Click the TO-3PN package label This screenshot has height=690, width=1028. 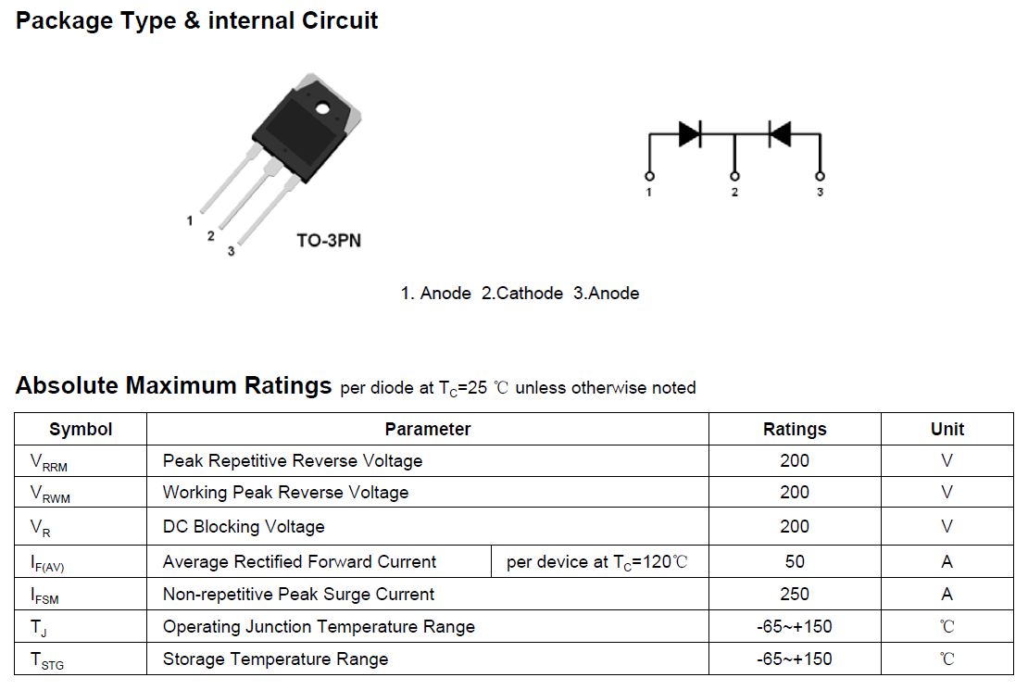[329, 241]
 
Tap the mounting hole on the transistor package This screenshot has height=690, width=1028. [322, 109]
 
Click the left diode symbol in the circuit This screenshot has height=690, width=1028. [690, 133]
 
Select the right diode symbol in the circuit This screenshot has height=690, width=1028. [779, 133]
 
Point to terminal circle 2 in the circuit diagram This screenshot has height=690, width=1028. [734, 176]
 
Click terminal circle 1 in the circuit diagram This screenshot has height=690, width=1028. [649, 176]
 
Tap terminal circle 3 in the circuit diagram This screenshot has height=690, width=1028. [820, 176]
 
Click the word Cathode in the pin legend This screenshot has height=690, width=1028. [530, 294]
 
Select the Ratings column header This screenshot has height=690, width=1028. [795, 429]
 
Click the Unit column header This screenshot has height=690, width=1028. [947, 429]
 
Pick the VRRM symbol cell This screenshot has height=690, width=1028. [81, 461]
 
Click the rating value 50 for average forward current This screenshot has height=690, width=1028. [795, 561]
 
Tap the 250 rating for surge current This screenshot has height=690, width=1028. [795, 594]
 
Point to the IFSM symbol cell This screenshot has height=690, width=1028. [81, 594]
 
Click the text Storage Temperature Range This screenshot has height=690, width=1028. [275, 659]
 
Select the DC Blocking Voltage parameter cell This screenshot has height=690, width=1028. [428, 526]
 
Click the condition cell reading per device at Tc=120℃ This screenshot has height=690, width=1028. [600, 561]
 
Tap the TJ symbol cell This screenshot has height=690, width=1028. [81, 626]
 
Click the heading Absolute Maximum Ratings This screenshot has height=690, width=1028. [174, 385]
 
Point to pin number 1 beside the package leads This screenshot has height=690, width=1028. [190, 220]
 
